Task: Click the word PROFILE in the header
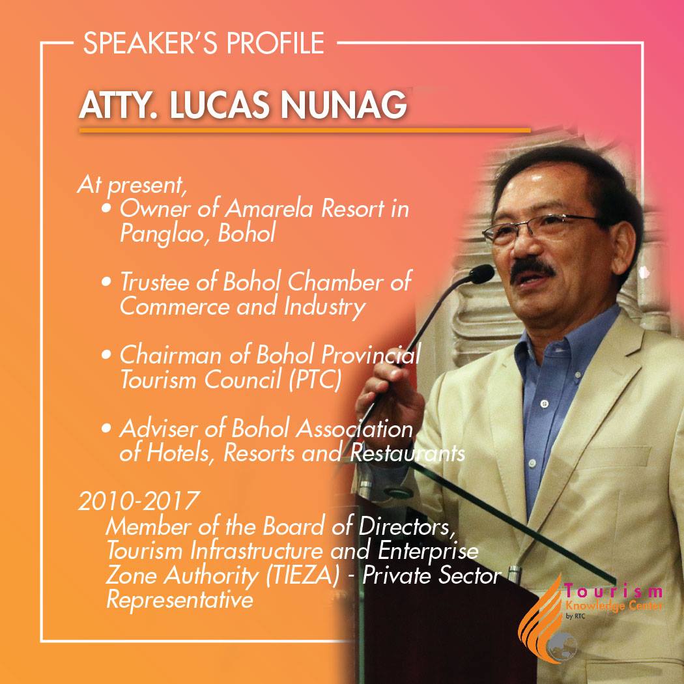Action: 276,43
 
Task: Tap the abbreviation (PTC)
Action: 314,380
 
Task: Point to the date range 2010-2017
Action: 139,501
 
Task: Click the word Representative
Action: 180,600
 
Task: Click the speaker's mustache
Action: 533,268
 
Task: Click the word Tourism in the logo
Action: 614,591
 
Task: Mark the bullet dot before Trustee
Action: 106,282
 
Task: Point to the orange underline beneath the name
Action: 304,130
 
